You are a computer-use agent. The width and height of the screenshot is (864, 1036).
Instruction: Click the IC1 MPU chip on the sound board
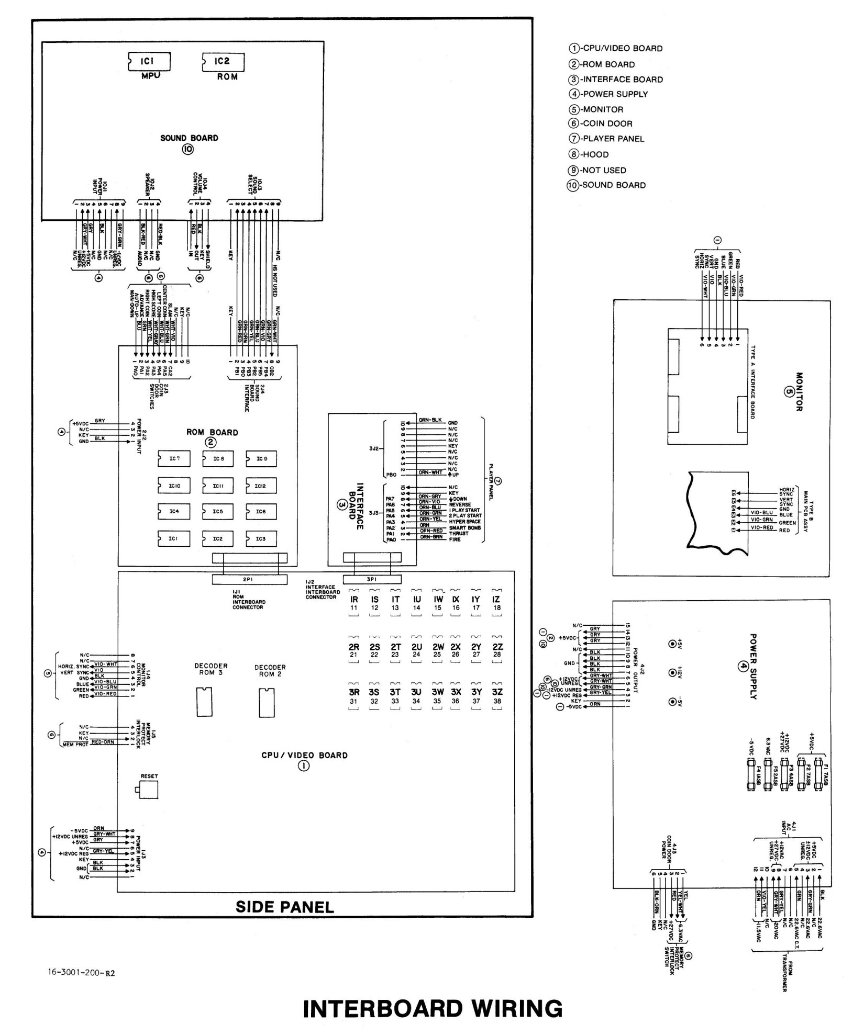(x=149, y=62)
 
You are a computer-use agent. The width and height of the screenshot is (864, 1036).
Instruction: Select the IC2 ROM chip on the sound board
(x=223, y=62)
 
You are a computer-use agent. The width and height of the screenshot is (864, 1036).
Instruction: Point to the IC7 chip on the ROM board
(x=173, y=459)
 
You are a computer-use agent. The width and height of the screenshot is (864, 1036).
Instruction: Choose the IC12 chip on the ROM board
(x=261, y=486)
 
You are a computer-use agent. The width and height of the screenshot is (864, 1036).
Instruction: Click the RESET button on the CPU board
(x=147, y=792)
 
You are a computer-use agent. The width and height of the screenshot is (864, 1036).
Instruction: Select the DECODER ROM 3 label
(x=211, y=669)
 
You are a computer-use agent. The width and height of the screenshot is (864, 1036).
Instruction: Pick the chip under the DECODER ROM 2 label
(x=266, y=703)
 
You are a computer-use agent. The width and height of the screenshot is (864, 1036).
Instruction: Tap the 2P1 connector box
(x=249, y=580)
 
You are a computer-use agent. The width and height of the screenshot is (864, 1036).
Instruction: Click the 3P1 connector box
(x=372, y=580)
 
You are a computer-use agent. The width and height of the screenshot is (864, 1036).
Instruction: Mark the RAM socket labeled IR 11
(x=354, y=603)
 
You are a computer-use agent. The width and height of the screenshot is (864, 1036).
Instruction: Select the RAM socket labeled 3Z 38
(x=496, y=696)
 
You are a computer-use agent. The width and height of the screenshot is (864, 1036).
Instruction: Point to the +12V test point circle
(x=672, y=673)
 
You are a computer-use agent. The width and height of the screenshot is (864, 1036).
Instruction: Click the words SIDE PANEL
(x=284, y=907)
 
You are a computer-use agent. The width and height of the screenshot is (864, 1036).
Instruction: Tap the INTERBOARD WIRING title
(x=433, y=1009)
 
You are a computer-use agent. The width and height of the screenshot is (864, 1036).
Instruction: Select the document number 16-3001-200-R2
(x=81, y=973)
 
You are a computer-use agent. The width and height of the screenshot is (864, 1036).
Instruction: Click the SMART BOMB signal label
(x=464, y=528)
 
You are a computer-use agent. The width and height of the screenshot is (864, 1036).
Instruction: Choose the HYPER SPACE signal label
(x=464, y=522)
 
